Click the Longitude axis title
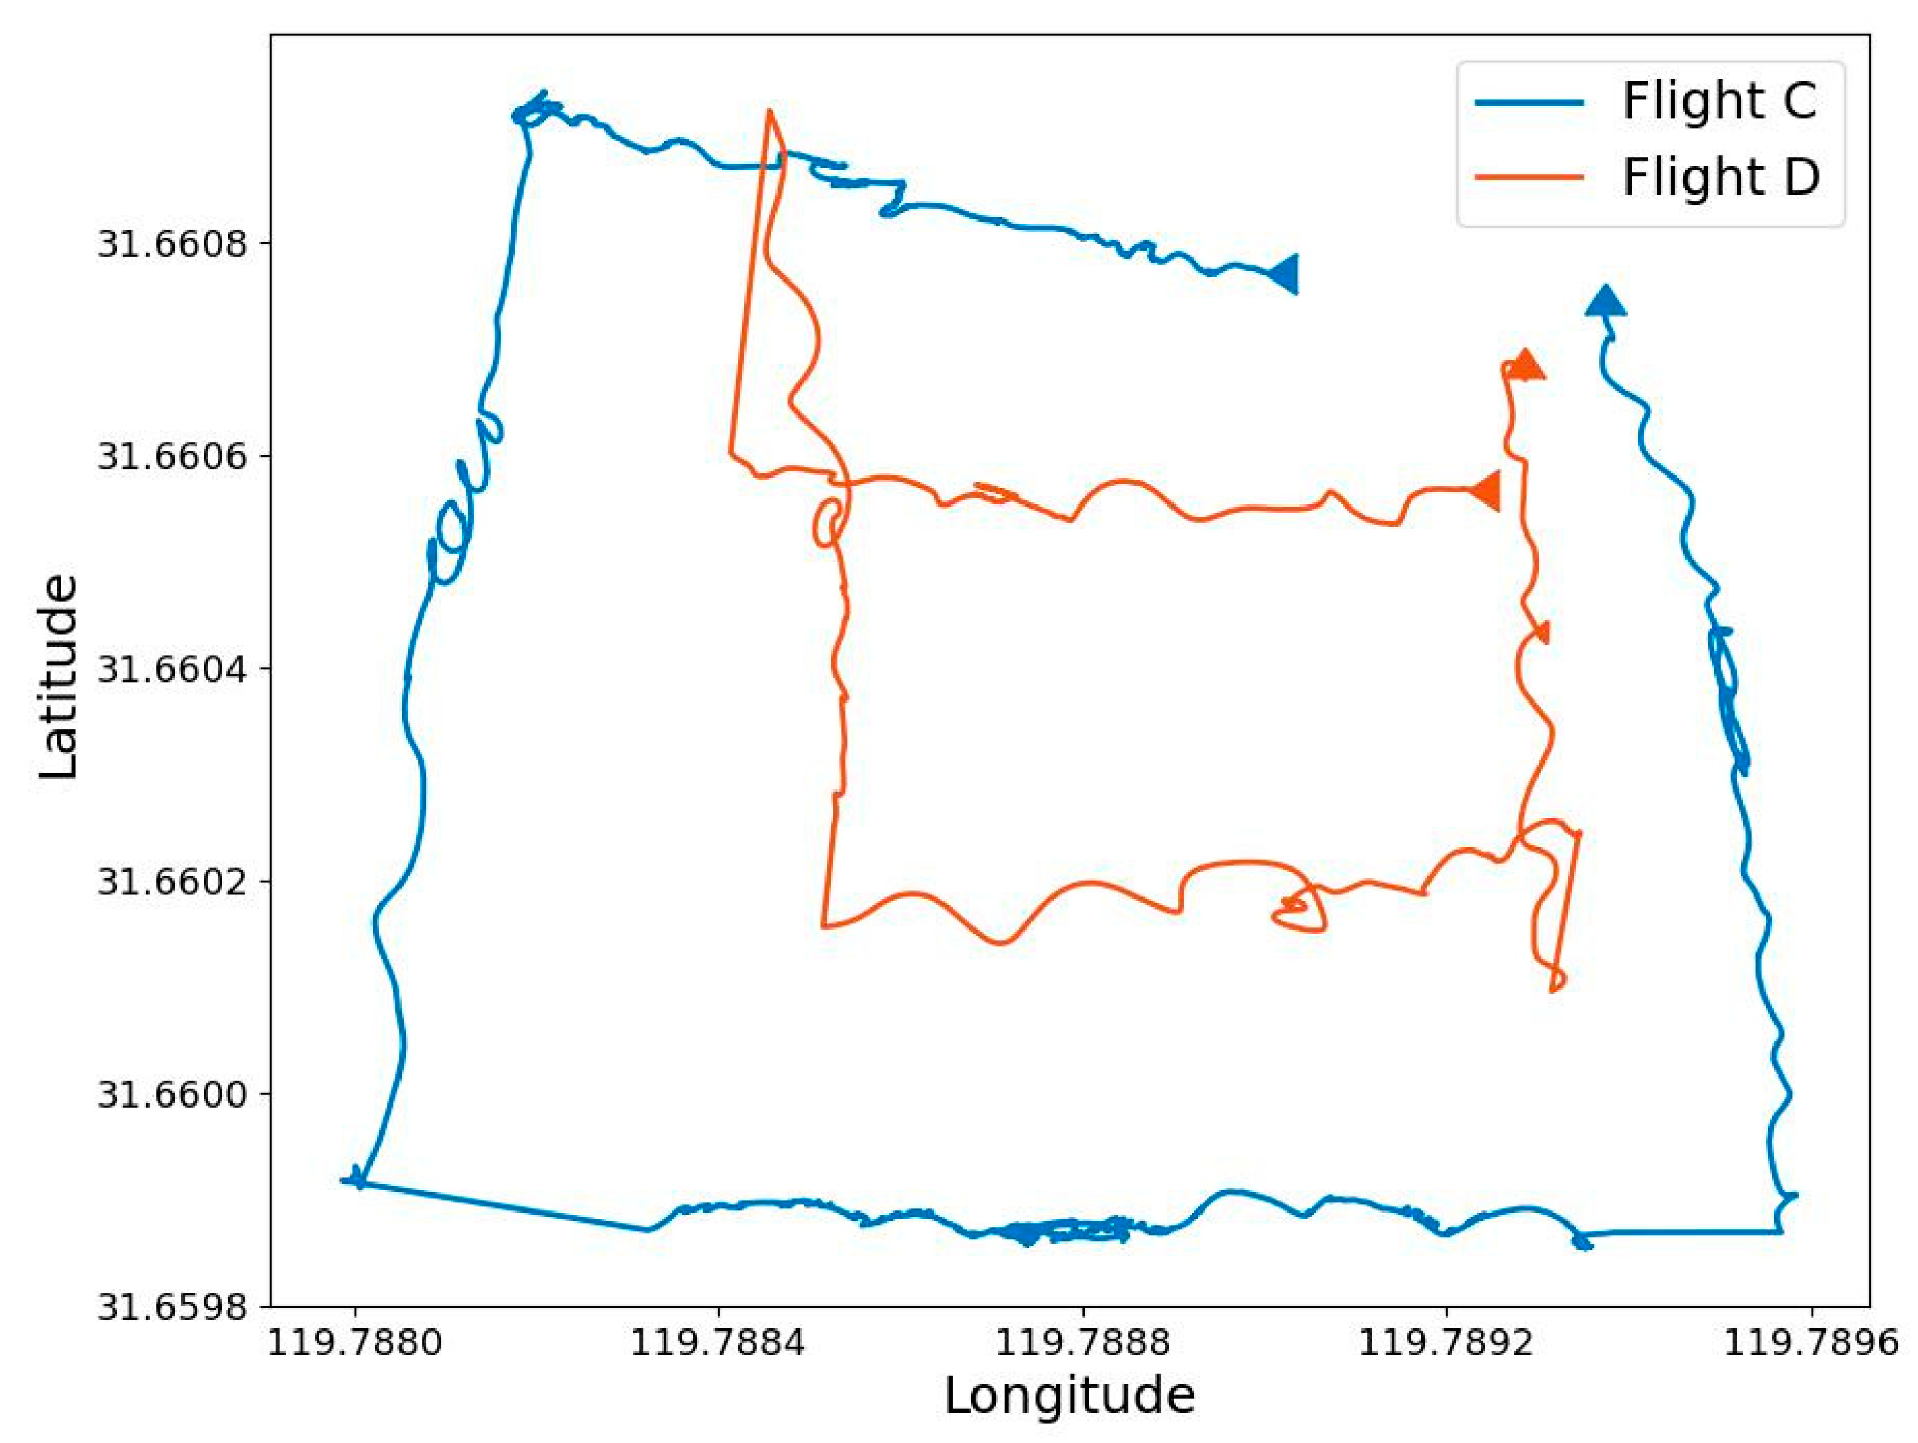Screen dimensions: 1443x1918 click(1069, 1398)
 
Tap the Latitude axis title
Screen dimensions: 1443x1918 click(59, 677)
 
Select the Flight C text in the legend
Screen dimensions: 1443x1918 click(1719, 101)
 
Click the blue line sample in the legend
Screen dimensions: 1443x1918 click(1530, 102)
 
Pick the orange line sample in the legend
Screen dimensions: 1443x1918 click(1530, 177)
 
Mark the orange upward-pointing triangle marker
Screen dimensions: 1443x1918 click(1525, 366)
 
